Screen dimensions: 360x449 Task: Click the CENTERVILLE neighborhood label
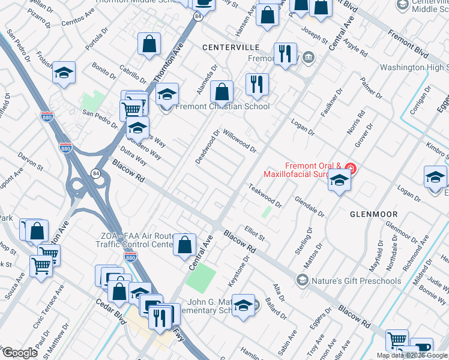231,47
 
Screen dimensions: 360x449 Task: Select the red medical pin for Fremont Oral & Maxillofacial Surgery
351,169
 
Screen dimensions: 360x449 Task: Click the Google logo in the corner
19,352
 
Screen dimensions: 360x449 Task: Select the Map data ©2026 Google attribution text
412,355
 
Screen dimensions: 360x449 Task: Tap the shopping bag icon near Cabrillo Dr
149,44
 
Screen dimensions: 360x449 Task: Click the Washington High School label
414,68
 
